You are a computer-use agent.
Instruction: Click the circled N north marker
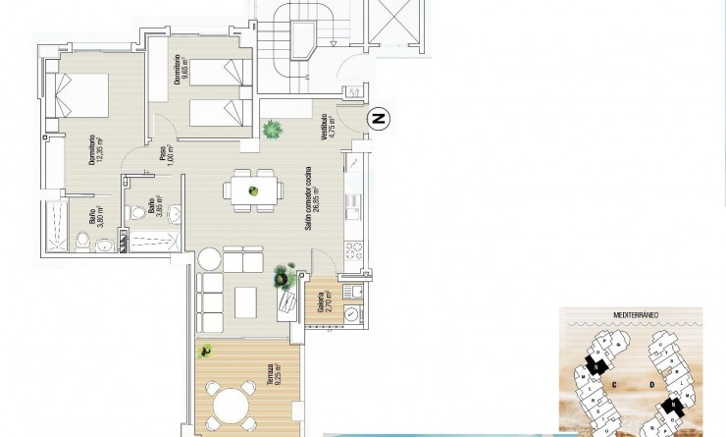pyautogui.click(x=380, y=119)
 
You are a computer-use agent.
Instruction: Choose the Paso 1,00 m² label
pyautogui.click(x=166, y=157)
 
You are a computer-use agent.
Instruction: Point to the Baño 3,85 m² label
pyautogui.click(x=154, y=206)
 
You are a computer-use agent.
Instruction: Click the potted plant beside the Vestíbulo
pyautogui.click(x=272, y=128)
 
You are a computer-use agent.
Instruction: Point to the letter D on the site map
pyautogui.click(x=650, y=385)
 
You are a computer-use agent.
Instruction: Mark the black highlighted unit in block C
pyautogui.click(x=594, y=366)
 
